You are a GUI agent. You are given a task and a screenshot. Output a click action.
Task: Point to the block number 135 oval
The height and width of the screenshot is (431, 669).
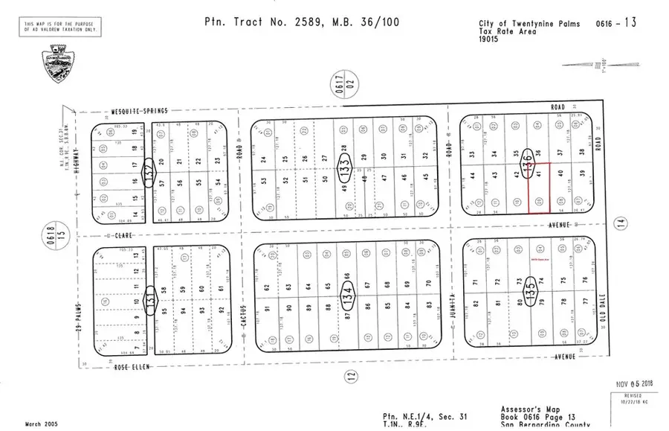click(x=529, y=287)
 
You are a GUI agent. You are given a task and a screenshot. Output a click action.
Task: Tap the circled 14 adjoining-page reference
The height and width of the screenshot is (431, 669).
click(x=621, y=222)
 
